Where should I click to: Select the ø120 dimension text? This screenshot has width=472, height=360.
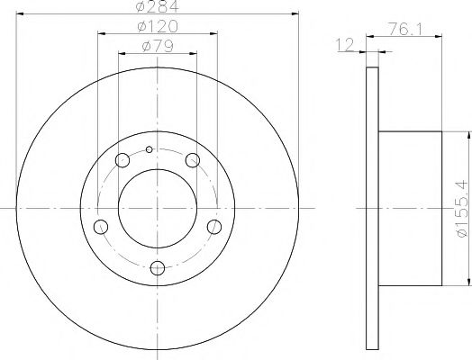[158, 30]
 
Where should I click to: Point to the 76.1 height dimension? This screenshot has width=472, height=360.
[408, 29]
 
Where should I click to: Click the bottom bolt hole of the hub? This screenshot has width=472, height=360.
[159, 267]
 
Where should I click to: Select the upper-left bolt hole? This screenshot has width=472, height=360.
[123, 161]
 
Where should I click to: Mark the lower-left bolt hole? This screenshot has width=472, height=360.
[102, 226]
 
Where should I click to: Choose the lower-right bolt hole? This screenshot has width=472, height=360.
[214, 226]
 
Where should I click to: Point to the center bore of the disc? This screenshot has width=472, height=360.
[159, 208]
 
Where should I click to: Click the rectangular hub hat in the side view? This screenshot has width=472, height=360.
[411, 208]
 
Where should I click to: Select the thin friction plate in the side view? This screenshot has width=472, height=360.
[373, 208]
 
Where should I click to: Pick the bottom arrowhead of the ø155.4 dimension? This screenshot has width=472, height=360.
[467, 282]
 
